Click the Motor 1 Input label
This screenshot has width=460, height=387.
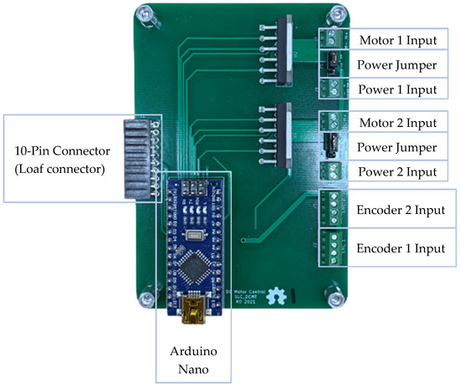pyautogui.click(x=397, y=40)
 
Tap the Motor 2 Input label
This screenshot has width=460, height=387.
pyautogui.click(x=397, y=123)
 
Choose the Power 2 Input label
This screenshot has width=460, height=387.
pyautogui.click(x=397, y=172)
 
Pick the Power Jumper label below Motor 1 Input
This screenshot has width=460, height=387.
pyautogui.click(x=397, y=64)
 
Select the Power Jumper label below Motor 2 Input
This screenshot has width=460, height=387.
pyautogui.click(x=397, y=147)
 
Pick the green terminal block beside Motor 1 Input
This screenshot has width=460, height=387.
pyautogui.click(x=331, y=38)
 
